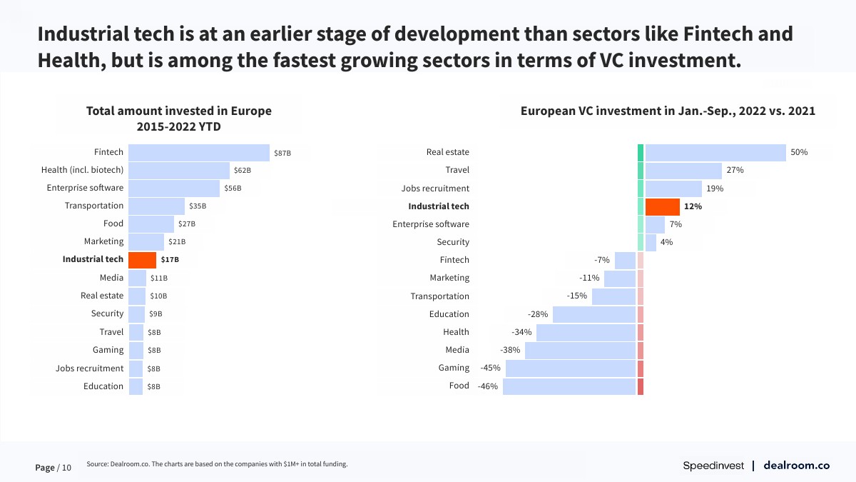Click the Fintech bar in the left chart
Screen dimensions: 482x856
click(199, 152)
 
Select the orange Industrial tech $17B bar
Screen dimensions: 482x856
click(142, 259)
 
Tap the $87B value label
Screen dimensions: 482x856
click(282, 153)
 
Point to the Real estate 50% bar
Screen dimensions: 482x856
click(715, 152)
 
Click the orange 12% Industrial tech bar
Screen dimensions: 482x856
click(662, 206)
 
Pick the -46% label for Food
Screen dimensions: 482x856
click(489, 386)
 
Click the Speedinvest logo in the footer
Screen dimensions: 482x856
click(713, 466)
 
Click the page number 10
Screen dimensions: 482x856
click(66, 468)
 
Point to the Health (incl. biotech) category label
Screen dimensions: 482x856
click(82, 170)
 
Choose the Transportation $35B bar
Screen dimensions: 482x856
click(156, 206)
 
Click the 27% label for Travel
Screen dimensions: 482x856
click(735, 170)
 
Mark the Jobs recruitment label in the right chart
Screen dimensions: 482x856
click(435, 189)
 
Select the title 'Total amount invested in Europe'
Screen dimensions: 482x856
click(178, 111)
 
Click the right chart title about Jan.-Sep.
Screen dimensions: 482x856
click(668, 111)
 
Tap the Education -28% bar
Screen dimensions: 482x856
click(593, 314)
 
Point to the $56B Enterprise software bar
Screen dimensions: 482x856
click(174, 188)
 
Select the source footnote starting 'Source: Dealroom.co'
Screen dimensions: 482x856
click(217, 464)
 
